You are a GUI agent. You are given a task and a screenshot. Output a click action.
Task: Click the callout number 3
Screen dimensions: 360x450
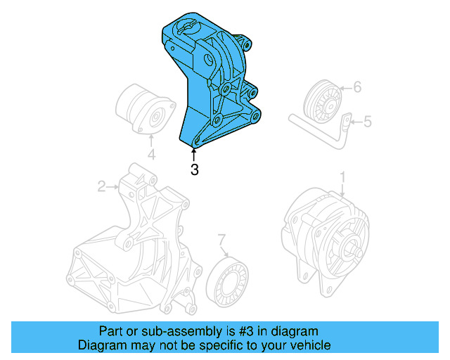click(195, 169)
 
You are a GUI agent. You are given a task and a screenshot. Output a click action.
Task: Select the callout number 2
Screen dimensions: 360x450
click(101, 186)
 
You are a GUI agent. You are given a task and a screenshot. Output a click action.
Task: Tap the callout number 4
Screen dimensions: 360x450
click(150, 155)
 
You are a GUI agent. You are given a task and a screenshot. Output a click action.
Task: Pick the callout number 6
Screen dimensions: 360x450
click(356, 88)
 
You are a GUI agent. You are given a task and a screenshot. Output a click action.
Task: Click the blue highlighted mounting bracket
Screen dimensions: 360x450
click(211, 84)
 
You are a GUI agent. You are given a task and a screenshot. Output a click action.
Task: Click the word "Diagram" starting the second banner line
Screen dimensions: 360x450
click(99, 345)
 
